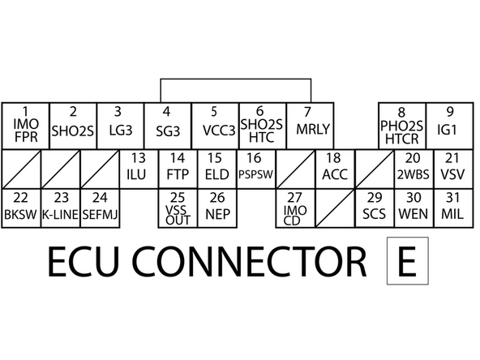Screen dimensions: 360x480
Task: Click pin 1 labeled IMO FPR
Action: [25, 126]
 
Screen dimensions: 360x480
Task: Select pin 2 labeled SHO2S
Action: [73, 126]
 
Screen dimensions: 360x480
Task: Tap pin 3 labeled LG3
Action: [120, 126]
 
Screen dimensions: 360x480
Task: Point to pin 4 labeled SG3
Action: [167, 126]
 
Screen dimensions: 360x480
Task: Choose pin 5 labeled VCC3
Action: [215, 126]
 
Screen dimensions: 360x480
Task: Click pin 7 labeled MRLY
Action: [307, 126]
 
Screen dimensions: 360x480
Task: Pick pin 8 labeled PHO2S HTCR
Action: [401, 126]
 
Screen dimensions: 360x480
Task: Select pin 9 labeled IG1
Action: [448, 126]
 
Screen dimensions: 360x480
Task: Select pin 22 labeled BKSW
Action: [21, 208]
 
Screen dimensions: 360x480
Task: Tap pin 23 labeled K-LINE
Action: [59, 208]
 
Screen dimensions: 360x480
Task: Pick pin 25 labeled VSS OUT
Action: [177, 208]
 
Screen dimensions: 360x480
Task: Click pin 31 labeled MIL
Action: [452, 208]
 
